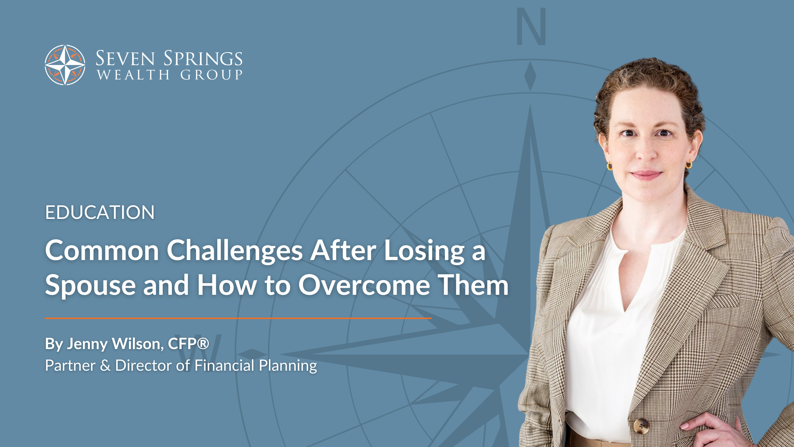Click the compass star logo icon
click(x=65, y=65)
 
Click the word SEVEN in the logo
click(x=125, y=59)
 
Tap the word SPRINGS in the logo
click(x=203, y=59)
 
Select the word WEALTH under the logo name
click(x=133, y=75)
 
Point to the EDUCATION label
click(x=100, y=213)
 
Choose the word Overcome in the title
click(x=364, y=285)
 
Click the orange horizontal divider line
click(x=238, y=319)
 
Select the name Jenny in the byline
click(x=87, y=344)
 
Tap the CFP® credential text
click(x=188, y=343)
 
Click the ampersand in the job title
click(x=105, y=365)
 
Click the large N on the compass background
click(x=531, y=27)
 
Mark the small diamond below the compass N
click(x=530, y=76)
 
